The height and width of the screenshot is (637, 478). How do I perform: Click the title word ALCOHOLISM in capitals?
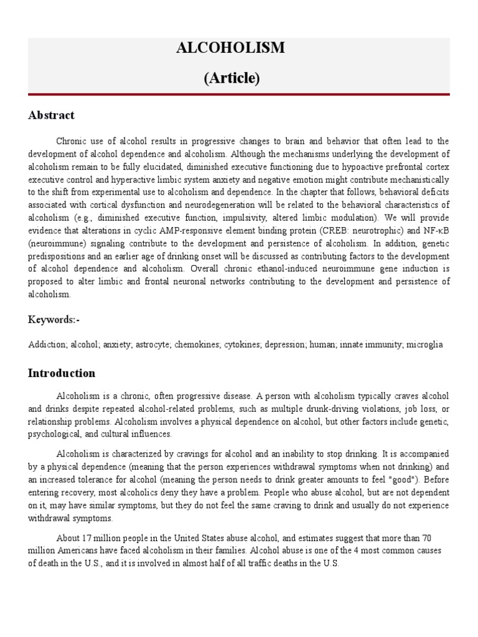(240, 49)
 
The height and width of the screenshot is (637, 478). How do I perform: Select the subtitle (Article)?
(240, 78)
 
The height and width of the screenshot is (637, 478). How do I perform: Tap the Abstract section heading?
(51, 115)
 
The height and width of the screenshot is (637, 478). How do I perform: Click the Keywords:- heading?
(54, 320)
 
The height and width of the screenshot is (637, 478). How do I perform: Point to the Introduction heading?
(62, 373)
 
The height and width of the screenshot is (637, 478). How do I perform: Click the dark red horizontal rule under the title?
(240, 95)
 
